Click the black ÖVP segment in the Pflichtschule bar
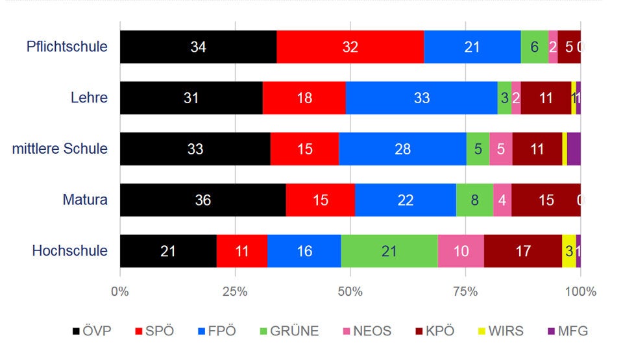coord(198,47)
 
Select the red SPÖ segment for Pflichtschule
coord(350,47)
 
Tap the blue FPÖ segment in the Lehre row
coord(421,98)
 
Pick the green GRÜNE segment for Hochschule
coord(389,251)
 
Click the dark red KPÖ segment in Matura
coord(546,200)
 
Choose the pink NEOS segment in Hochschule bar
coord(461,251)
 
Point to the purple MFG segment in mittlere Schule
coord(574,149)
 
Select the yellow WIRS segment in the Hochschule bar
coord(568,251)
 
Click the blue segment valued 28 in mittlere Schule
coord(402,149)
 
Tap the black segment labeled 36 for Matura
coord(202,200)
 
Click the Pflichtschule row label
coord(67,47)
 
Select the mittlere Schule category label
coord(60,149)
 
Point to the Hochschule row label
coord(69,251)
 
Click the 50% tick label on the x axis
coord(350,292)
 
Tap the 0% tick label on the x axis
coord(120,292)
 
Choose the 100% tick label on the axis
coord(580,292)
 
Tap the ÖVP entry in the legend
coord(92,331)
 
